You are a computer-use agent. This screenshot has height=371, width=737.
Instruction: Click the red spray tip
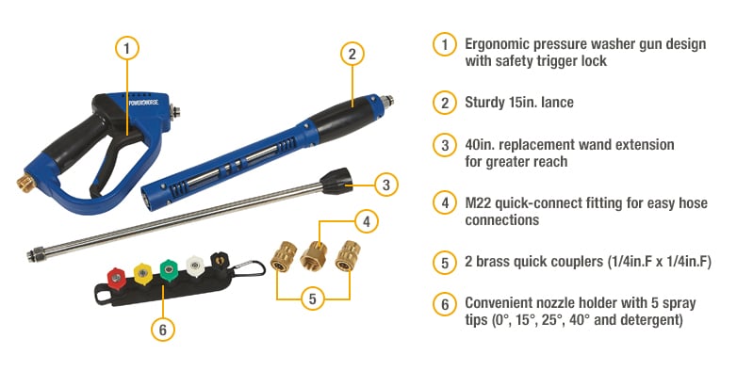115,277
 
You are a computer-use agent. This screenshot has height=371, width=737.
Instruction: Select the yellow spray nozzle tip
141,273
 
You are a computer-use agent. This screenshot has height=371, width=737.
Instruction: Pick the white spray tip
194,266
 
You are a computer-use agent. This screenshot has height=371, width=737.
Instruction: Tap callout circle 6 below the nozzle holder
163,329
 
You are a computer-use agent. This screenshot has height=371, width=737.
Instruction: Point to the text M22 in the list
481,202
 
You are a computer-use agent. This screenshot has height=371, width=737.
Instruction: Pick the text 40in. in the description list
482,144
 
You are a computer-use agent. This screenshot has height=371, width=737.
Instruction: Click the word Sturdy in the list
486,103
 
